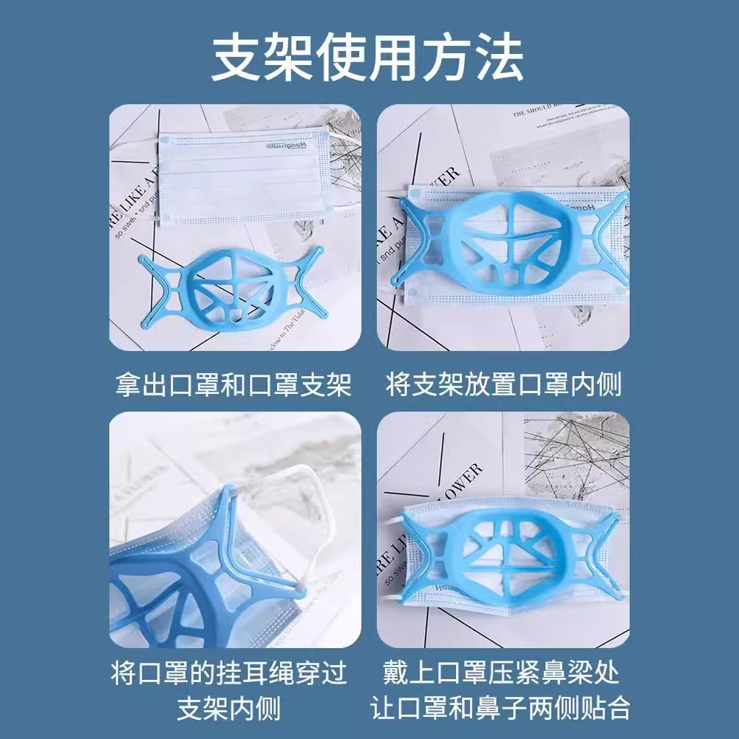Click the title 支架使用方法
[367, 57]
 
